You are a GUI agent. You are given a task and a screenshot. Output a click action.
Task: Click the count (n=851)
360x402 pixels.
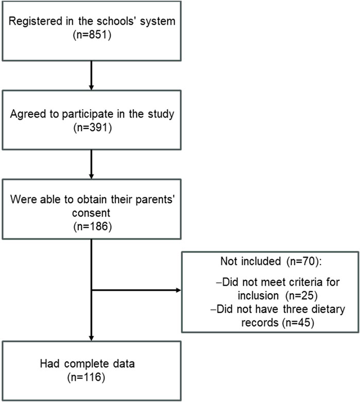92,35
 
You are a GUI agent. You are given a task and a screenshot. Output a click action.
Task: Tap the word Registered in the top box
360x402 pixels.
36,22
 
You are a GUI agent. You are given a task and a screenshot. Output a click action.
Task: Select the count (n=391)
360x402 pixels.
93,127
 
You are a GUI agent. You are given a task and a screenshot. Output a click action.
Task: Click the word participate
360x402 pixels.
88,114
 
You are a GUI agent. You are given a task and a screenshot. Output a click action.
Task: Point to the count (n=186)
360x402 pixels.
93,226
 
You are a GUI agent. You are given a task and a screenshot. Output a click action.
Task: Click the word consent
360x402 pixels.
91,213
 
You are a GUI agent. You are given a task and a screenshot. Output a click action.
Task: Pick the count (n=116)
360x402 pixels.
86,377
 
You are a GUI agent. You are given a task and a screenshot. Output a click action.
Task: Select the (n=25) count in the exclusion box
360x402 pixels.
302,296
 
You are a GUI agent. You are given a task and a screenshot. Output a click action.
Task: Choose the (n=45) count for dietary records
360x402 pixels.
298,322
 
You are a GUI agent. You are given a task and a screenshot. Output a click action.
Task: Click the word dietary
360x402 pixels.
328,309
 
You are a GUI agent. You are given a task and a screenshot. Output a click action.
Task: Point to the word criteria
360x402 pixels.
303,282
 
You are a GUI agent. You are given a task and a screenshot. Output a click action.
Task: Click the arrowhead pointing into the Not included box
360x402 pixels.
178,290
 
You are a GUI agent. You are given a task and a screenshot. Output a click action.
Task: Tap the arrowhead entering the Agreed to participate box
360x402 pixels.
91,87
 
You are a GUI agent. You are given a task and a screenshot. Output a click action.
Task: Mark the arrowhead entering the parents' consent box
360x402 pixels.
91,176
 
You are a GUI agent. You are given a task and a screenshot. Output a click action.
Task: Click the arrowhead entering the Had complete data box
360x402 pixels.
91,338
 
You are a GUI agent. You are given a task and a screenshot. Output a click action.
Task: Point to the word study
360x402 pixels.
161,114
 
